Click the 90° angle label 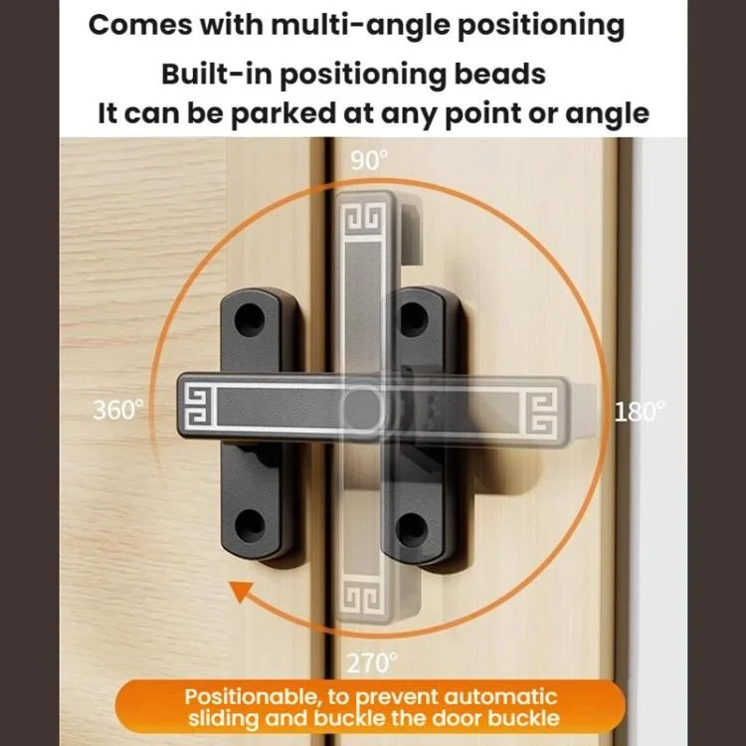coord(369,160)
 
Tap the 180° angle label coord(640,412)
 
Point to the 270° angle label coord(372,662)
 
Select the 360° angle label coord(118,410)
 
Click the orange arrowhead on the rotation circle coord(242,592)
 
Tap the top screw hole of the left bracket coord(250,318)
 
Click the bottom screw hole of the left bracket coord(250,524)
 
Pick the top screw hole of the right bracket coord(412,318)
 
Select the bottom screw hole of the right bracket coord(412,529)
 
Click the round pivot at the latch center coord(362,408)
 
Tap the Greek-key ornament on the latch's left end coord(196,406)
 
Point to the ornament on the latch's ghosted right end coord(541,413)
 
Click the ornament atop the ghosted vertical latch coord(364,219)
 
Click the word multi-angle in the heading coord(360,25)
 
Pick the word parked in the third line coord(283,114)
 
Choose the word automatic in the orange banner coord(500,697)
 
